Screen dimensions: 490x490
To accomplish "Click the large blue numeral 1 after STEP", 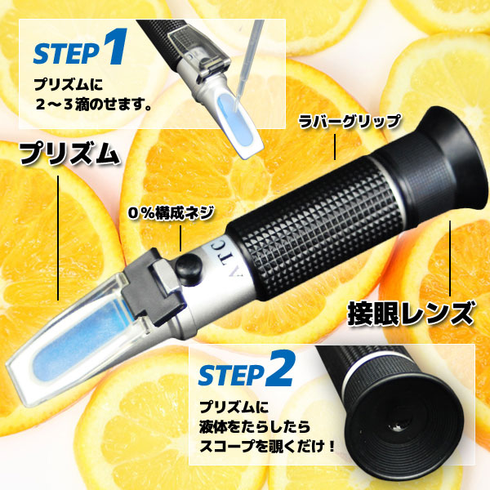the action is point(115,47).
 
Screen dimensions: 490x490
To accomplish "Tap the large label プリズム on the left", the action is point(69,154).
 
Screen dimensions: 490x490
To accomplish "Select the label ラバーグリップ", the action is point(349,122).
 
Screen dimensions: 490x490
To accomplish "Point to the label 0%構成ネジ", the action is point(171,213).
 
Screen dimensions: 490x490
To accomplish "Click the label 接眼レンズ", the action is point(410,313).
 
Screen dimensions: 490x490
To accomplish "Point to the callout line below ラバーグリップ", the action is point(335,147).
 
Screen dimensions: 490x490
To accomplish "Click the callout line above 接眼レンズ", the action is point(450,258).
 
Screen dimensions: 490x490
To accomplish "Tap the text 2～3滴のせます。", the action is point(94,105).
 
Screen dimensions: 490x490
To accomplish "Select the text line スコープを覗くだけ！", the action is point(268,446).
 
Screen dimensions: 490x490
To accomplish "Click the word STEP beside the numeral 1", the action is point(67,53).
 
